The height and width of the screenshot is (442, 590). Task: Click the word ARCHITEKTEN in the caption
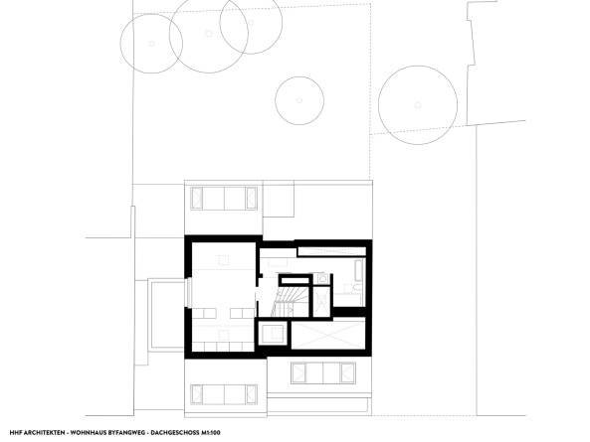[43, 433]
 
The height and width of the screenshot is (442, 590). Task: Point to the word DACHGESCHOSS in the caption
[175, 433]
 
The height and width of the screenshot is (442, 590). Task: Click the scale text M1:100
[211, 433]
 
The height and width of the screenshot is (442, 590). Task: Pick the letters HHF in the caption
[16, 433]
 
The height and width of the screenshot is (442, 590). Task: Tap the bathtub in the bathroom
[359, 270]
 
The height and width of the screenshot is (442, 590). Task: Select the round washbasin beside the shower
[322, 279]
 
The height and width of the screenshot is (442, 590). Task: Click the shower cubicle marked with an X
[322, 300]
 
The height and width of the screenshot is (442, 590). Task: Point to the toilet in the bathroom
[356, 288]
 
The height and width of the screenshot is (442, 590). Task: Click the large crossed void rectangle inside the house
[328, 333]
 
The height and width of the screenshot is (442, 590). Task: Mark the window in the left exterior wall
[190, 293]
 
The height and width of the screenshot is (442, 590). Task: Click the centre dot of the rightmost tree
[418, 104]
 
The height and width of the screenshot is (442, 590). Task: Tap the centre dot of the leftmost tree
[151, 44]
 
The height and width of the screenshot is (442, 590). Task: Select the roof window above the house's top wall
[224, 199]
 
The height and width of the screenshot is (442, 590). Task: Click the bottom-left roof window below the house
[224, 394]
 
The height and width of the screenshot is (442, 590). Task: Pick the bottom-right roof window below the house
[323, 372]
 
